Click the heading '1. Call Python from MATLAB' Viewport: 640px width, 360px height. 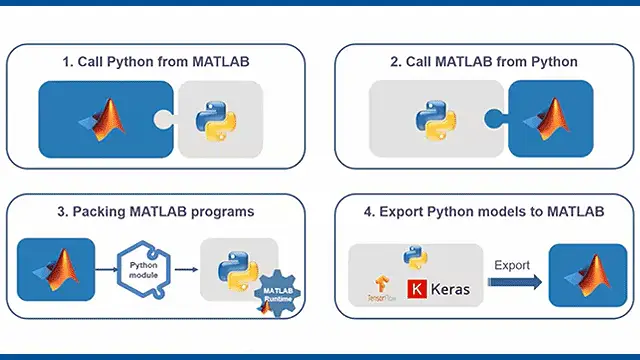(x=155, y=62)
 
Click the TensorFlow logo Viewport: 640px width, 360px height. (x=379, y=289)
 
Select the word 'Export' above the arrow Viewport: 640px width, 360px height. (x=512, y=266)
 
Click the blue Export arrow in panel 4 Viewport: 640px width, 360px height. (x=516, y=283)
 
